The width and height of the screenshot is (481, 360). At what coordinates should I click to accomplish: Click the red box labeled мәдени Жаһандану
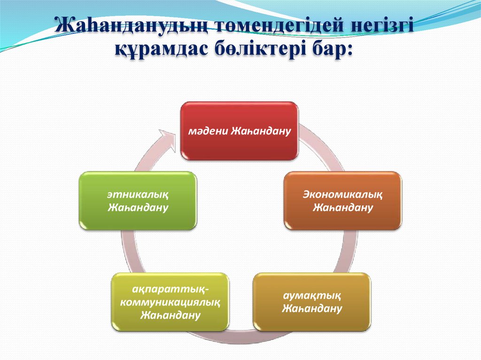point(240,130)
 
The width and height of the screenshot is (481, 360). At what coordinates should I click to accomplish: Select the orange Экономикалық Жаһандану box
point(342,200)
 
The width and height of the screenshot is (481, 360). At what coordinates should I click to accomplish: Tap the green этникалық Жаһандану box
point(138,200)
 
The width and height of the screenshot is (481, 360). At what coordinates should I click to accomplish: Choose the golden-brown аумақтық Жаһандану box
point(312,302)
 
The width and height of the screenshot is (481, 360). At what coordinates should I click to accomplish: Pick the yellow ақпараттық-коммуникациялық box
point(170,302)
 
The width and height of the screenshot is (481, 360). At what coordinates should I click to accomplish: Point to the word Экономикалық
point(342,193)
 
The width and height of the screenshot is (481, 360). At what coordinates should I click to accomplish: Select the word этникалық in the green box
point(138,193)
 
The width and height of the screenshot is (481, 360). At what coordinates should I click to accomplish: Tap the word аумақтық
point(312,295)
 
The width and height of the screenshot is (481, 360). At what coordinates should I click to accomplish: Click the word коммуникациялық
point(170,302)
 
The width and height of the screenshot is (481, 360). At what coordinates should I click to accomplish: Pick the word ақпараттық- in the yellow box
point(170,291)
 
